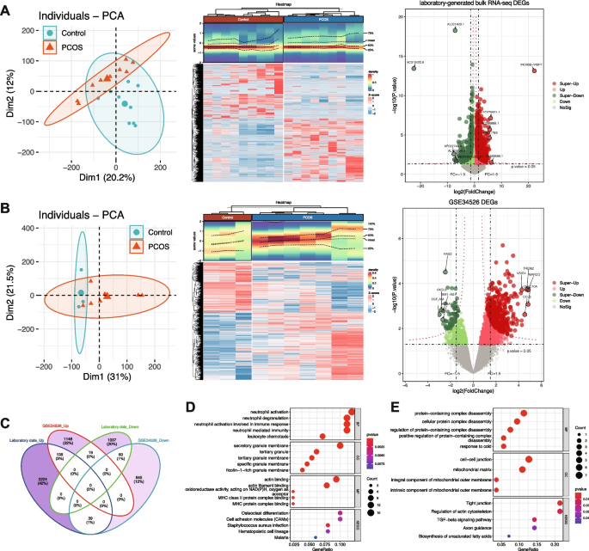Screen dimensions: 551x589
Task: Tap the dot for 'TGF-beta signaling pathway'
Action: tap(535, 519)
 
